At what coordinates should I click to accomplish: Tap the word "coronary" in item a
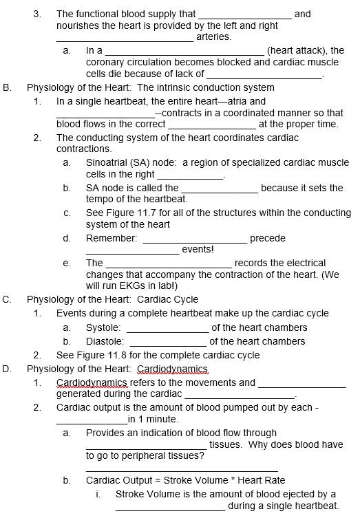click(x=105, y=62)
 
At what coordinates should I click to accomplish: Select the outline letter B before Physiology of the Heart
click(x=6, y=87)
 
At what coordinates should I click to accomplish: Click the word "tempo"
click(x=100, y=199)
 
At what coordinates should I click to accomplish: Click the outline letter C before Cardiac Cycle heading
click(x=6, y=299)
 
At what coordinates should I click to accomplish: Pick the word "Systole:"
click(x=103, y=327)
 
